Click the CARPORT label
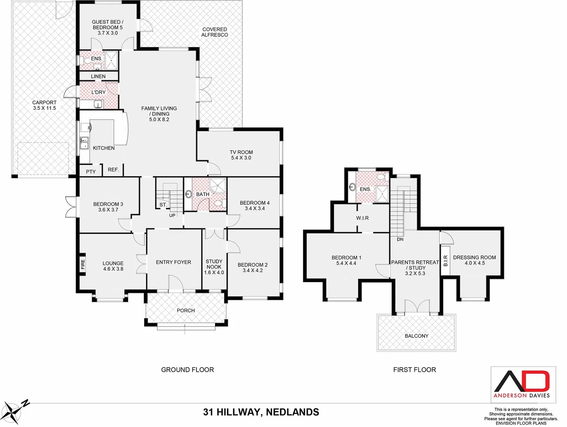44,102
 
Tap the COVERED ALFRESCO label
214,32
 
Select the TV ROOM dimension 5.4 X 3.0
241,158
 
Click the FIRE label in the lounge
83,264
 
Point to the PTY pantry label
91,172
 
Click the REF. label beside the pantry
113,170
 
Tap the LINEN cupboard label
98,76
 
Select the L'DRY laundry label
98,92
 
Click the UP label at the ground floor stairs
172,215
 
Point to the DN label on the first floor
400,240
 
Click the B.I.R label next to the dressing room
445,261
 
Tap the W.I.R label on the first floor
362,218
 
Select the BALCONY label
416,336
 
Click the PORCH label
185,310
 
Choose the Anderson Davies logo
523,384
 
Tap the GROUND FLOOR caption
187,370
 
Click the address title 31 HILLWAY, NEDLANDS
261,412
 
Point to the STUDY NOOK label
214,264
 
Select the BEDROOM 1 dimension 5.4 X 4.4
346,263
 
